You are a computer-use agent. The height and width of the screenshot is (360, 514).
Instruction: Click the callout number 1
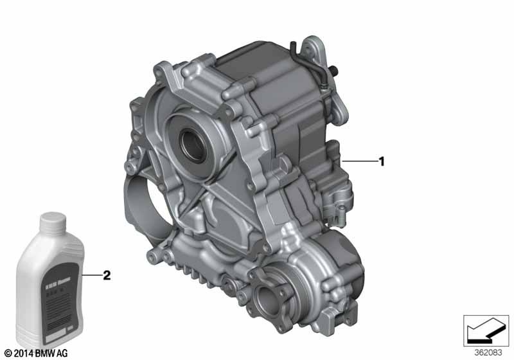click(x=382, y=161)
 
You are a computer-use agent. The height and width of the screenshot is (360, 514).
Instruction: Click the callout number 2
click(x=107, y=275)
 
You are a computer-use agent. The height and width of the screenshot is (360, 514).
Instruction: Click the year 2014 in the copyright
click(x=24, y=354)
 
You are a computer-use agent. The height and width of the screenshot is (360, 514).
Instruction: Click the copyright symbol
click(x=7, y=354)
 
